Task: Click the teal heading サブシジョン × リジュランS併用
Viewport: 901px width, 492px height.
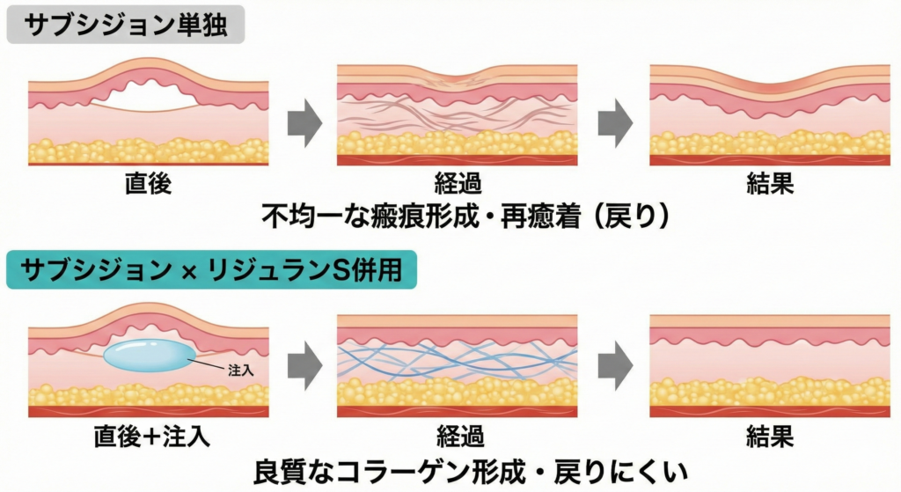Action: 211,269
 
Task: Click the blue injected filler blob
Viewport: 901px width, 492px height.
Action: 150,356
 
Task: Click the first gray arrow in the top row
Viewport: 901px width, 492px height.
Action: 304,123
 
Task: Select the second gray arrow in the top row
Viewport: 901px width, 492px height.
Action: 614,123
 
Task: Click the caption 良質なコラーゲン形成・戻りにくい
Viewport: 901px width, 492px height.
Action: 458,469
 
